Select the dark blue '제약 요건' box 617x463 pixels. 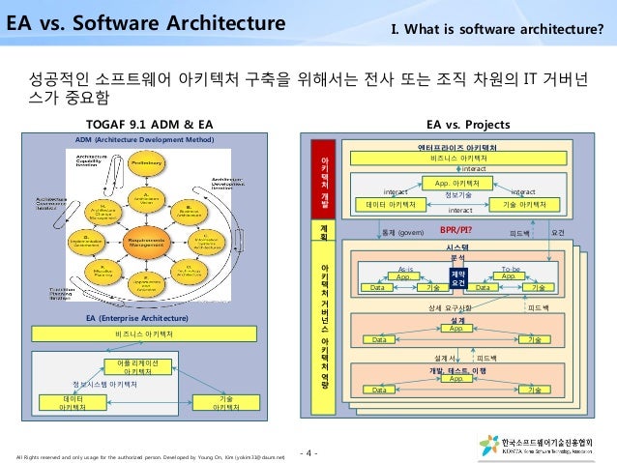point(458,279)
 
